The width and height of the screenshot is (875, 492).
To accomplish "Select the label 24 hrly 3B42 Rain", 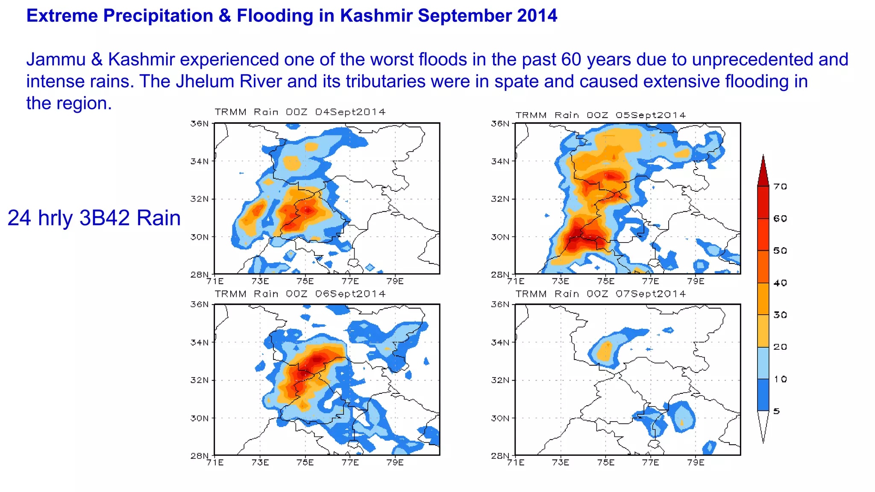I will (x=94, y=218).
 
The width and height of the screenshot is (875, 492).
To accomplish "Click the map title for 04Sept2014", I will (x=300, y=112).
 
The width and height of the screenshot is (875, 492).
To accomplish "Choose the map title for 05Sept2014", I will (x=600, y=115).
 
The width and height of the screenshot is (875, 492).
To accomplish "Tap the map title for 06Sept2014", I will (x=300, y=294).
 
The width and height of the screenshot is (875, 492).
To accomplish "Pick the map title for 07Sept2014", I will (x=600, y=294).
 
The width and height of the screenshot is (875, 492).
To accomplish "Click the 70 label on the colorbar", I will (x=780, y=187).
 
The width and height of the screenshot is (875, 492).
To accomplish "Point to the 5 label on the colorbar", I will (x=776, y=411).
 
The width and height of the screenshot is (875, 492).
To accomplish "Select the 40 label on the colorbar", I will (x=780, y=283).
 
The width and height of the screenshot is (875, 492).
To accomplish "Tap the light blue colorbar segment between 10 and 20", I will (x=763, y=363).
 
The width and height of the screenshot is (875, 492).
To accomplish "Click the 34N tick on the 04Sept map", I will (x=200, y=161).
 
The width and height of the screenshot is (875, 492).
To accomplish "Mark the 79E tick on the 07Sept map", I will (x=696, y=462).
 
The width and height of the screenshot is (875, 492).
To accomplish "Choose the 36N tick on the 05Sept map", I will (x=500, y=123).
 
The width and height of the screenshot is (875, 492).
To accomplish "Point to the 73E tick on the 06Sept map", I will (x=260, y=462).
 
